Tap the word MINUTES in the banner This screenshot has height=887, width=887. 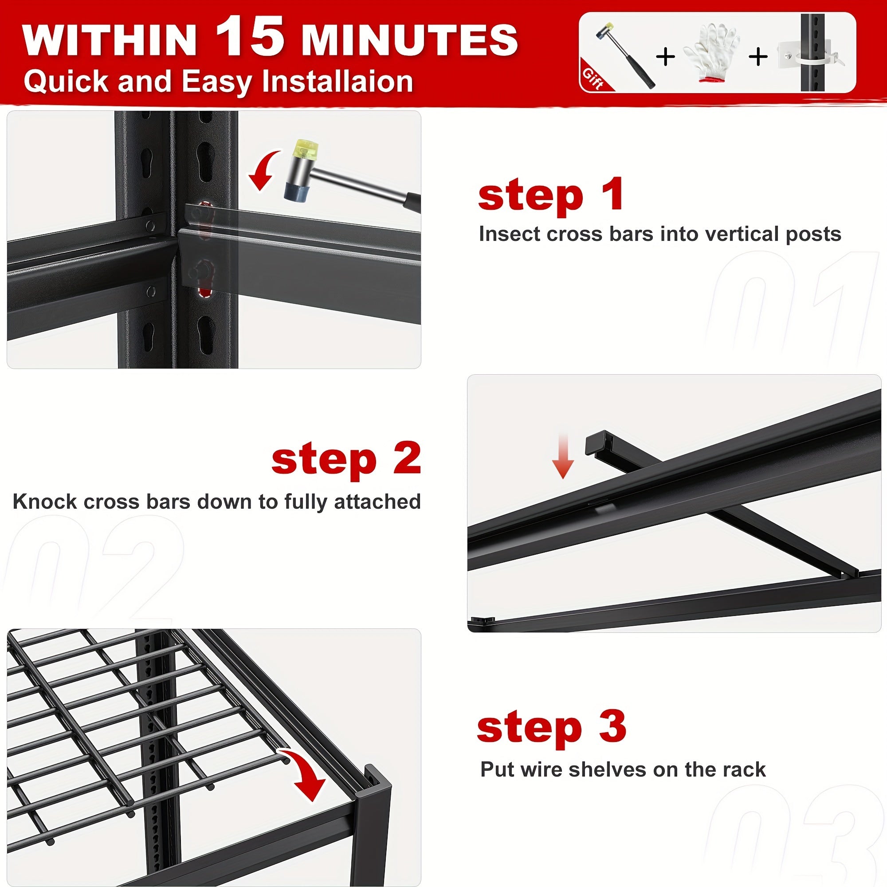pyautogui.click(x=409, y=40)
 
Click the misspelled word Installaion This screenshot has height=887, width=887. pyautogui.click(x=338, y=82)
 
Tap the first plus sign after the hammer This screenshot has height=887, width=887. pyautogui.click(x=665, y=57)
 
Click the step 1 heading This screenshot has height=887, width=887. pyautogui.click(x=550, y=195)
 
